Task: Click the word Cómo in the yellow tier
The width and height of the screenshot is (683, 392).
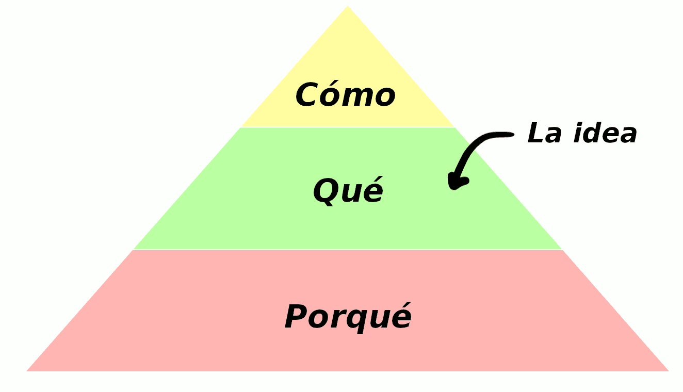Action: point(345,94)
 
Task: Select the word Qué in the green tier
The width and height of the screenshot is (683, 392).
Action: point(348,191)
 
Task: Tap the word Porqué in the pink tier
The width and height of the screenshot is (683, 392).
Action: point(348,317)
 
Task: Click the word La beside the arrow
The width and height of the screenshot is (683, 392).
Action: point(545,133)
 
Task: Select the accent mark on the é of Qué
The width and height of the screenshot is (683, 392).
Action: point(375,179)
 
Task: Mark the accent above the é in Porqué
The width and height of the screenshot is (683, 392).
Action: point(403,305)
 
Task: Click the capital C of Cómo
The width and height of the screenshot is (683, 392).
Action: point(307,94)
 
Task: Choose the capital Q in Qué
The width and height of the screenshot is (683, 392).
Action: point(326,191)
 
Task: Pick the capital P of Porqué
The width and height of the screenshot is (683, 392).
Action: point(297,316)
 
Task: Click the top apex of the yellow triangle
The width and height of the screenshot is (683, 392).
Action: point(348,6)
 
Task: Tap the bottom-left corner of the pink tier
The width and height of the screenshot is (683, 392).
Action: point(27,371)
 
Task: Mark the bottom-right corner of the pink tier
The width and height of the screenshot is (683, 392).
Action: point(669,371)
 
